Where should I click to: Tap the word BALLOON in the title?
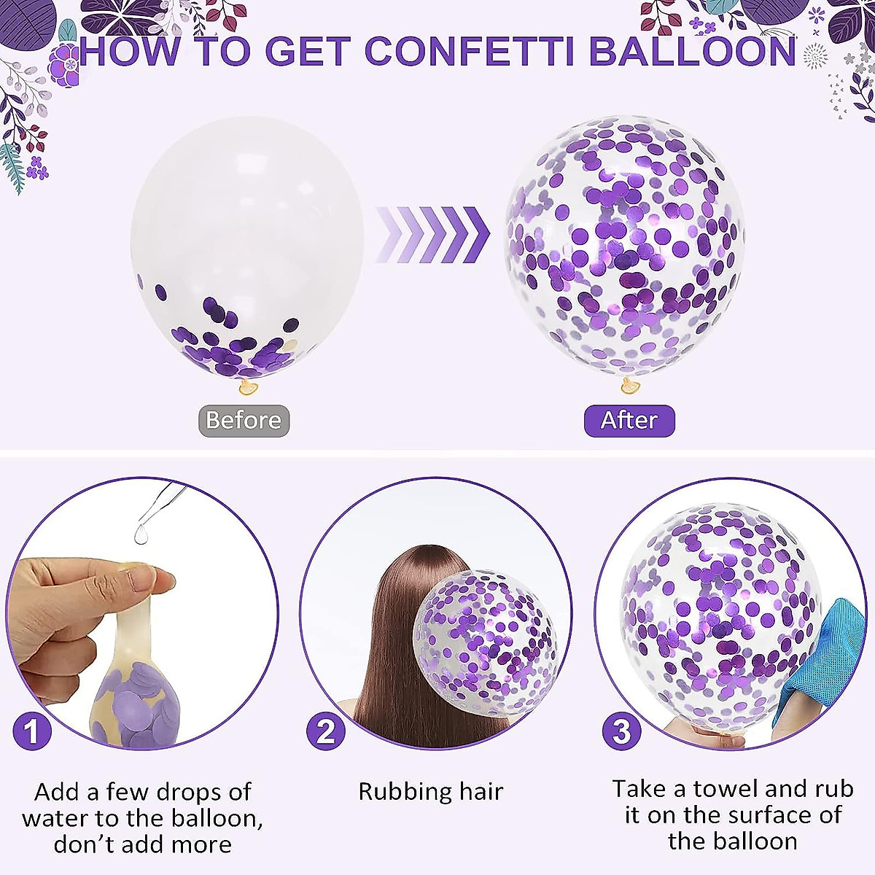pyautogui.click(x=692, y=52)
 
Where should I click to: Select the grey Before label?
pyautogui.click(x=244, y=421)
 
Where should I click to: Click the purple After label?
pyautogui.click(x=629, y=421)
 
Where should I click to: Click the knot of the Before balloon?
pyautogui.click(x=249, y=386)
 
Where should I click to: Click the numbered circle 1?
pyautogui.click(x=32, y=730)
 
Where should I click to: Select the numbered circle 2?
pyautogui.click(x=325, y=731)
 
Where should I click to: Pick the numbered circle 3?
pyautogui.click(x=621, y=731)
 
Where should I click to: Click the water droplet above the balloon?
pyautogui.click(x=139, y=535)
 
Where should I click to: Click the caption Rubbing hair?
pyautogui.click(x=430, y=791)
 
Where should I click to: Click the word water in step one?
pyautogui.click(x=54, y=818)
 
